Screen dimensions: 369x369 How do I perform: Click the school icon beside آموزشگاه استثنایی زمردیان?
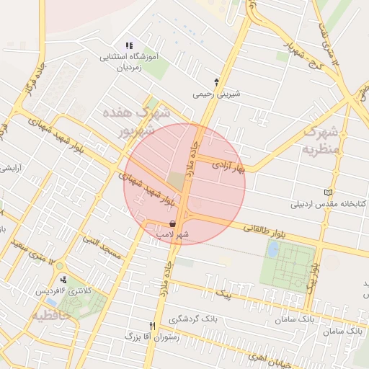[130, 46]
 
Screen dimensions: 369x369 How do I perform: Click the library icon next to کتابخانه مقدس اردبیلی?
[329, 192]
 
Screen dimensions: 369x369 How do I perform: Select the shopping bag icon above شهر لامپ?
[172, 224]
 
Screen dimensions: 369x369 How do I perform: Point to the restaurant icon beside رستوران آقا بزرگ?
[152, 326]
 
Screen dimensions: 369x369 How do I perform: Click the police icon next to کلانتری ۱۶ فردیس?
[64, 280]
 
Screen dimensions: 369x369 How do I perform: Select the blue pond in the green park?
[273, 249]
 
